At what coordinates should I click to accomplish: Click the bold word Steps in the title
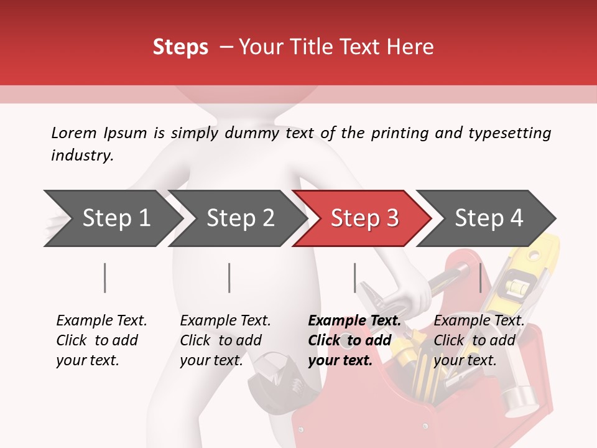pyautogui.click(x=180, y=47)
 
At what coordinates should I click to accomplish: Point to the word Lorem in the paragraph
pyautogui.click(x=73, y=133)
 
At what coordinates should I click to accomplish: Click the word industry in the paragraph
pyautogui.click(x=82, y=156)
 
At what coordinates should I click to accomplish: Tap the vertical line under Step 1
pyautogui.click(x=105, y=278)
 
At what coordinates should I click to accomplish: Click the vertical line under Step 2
pyautogui.click(x=229, y=278)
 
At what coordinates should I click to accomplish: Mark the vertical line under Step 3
pyautogui.click(x=354, y=278)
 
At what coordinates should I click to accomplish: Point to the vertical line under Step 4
pyautogui.click(x=480, y=278)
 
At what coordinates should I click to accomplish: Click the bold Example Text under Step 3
pyautogui.click(x=354, y=321)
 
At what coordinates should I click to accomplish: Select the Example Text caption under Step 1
pyautogui.click(x=101, y=321)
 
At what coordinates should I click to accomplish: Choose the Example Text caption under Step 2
pyautogui.click(x=225, y=321)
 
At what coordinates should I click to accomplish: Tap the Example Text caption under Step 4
pyautogui.click(x=479, y=321)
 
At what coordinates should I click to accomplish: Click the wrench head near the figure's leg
pyautogui.click(x=269, y=373)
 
